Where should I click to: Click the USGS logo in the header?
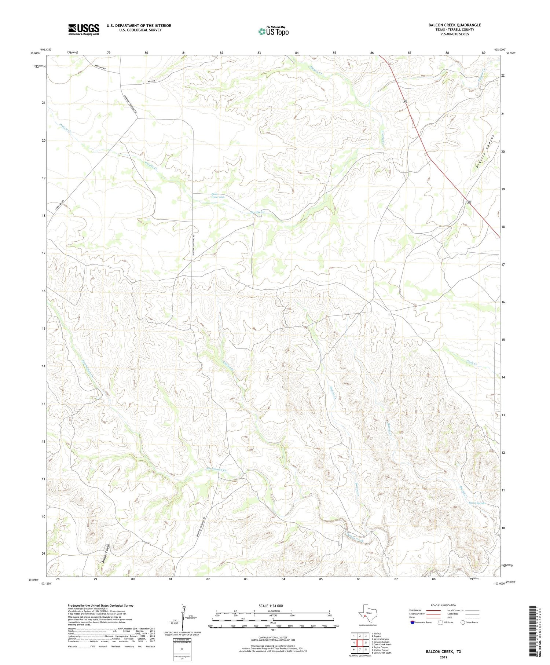(x=84, y=29)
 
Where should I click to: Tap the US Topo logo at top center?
(x=273, y=31)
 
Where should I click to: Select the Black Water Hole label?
(x=217, y=196)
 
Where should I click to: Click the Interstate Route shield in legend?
(x=412, y=622)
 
